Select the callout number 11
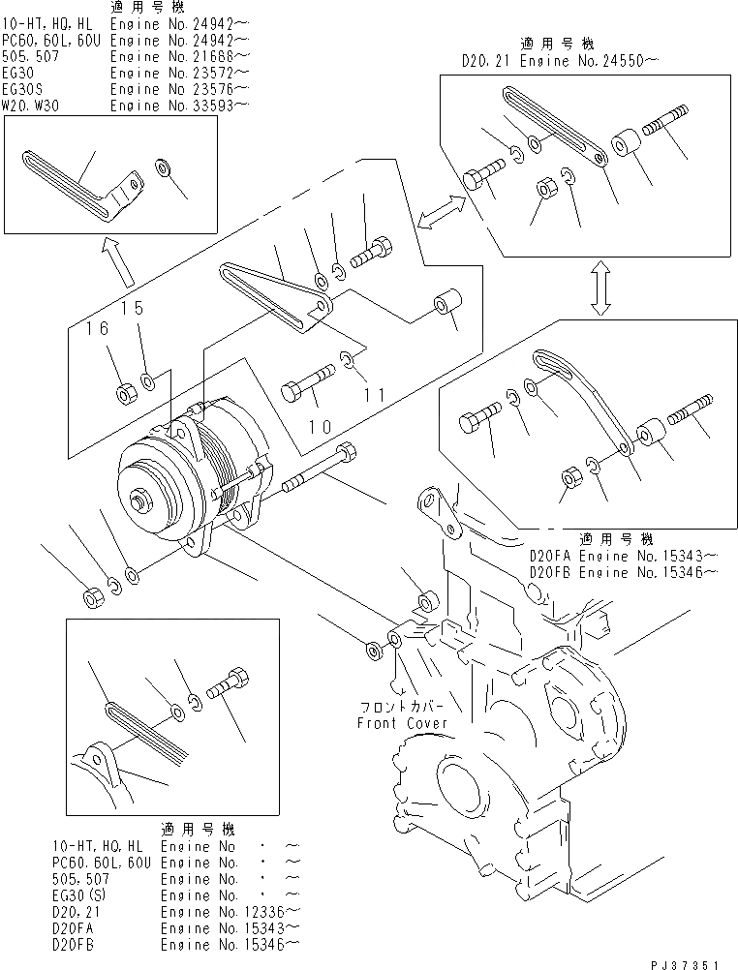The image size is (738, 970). pos(376,395)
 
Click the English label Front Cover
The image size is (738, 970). pos(402,722)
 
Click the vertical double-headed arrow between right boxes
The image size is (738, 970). pos(600,287)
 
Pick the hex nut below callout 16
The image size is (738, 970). pos(125,393)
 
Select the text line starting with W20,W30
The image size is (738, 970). pos(125,106)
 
